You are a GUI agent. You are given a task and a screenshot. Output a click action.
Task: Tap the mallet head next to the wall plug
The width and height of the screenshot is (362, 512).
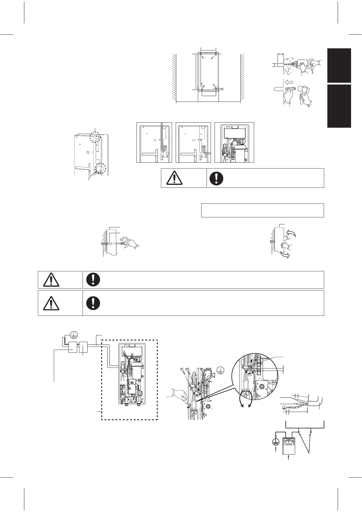tap(304, 92)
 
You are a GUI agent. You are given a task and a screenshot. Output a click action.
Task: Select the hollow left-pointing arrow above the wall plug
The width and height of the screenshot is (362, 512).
tap(289, 81)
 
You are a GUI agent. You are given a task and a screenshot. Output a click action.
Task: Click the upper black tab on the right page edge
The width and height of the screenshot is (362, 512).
tap(339, 65)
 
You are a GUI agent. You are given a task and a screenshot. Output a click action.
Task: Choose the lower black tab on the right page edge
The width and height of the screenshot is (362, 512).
tap(339, 106)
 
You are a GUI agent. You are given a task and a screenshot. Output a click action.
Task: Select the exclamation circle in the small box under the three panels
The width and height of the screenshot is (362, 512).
tap(217, 178)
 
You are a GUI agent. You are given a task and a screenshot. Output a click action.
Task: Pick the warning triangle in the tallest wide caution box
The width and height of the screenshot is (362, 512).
tap(51, 303)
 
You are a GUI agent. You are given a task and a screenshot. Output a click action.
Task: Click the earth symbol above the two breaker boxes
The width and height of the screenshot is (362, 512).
tap(74, 335)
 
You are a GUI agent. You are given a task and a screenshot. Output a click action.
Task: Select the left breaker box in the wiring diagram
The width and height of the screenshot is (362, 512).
tap(73, 347)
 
